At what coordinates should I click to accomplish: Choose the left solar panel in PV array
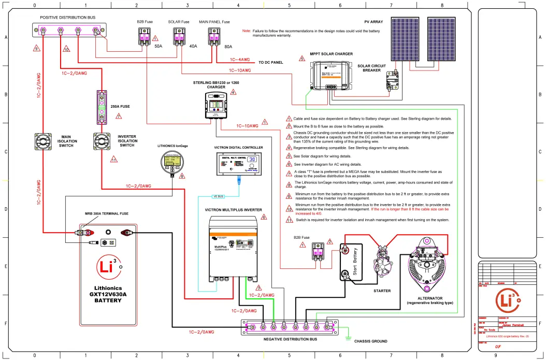tap(407, 40)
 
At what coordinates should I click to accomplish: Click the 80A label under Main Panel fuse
tap(228, 46)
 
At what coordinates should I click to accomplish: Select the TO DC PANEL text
tap(271, 62)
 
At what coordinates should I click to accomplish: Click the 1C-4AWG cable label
tap(240, 60)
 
